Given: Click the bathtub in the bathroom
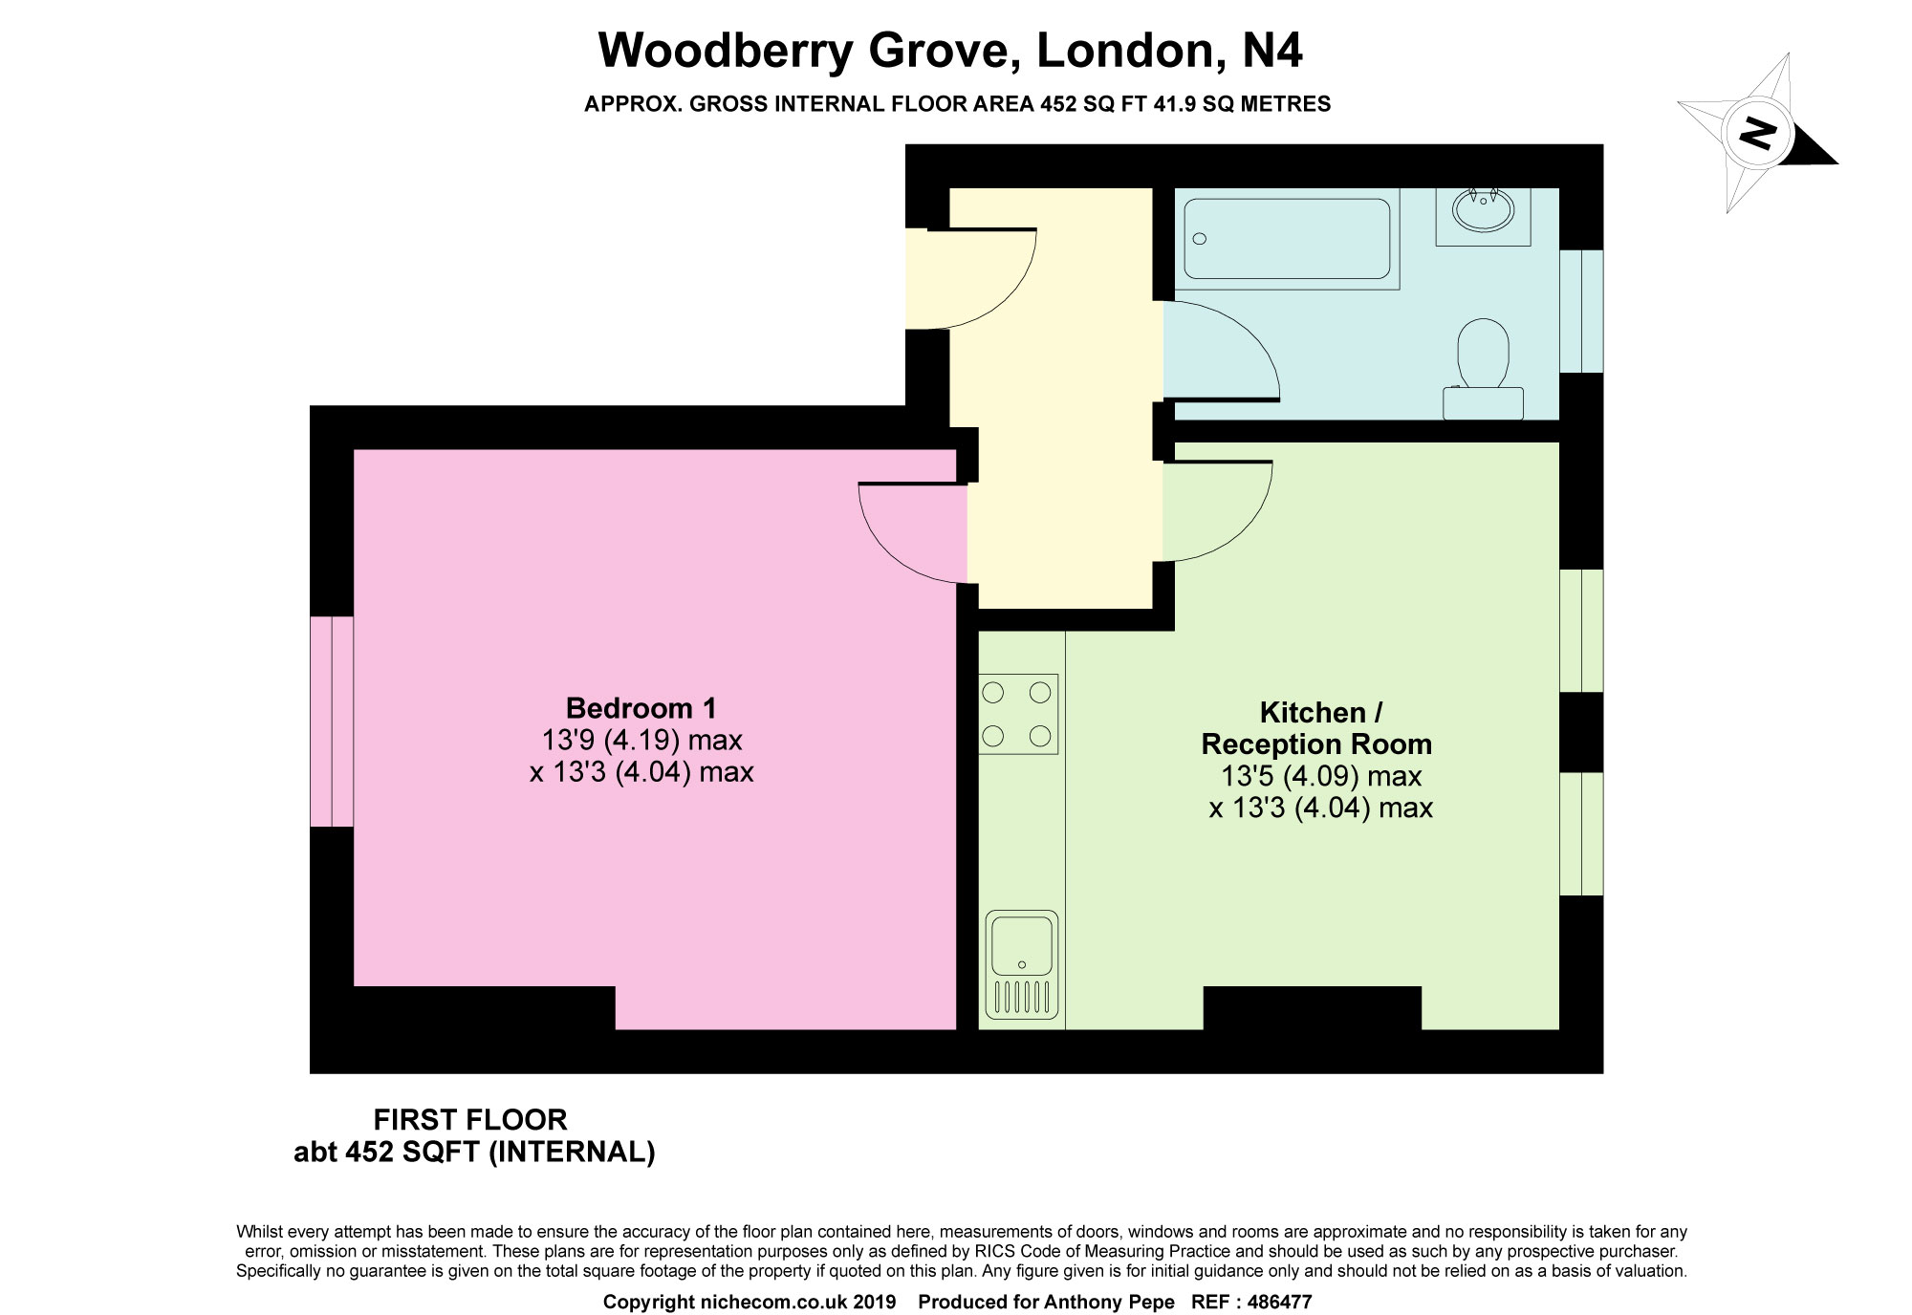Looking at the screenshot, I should click(x=1286, y=240).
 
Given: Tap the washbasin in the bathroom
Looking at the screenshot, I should click(x=1483, y=212).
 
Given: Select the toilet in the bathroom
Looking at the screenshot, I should click(x=1483, y=368).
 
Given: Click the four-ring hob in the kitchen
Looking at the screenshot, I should click(x=1017, y=714).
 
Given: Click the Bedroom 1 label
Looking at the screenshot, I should click(x=641, y=708).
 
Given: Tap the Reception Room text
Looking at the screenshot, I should click(x=1316, y=744).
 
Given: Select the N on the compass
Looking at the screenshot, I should click(x=1757, y=132).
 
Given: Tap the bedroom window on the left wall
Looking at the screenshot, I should click(x=332, y=721).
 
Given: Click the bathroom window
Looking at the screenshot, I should click(x=1581, y=311).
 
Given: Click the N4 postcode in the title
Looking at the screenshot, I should click(x=1271, y=50).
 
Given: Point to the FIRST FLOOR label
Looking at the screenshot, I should click(x=469, y=1119).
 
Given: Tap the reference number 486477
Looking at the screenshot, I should click(x=1275, y=1302).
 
